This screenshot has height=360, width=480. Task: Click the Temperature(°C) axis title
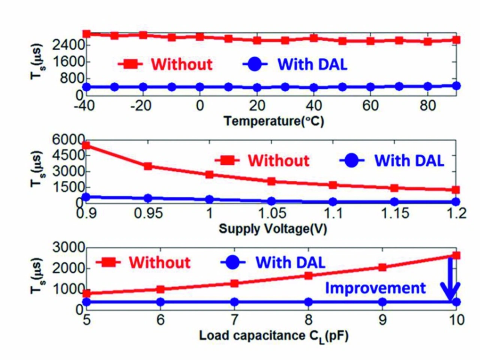click(x=273, y=121)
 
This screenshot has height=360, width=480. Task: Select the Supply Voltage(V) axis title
click(x=273, y=228)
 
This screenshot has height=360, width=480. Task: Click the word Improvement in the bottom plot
click(x=375, y=288)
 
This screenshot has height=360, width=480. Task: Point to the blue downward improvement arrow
click(x=450, y=281)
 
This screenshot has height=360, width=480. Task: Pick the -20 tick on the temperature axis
click(x=141, y=106)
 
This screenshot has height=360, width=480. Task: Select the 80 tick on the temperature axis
click(x=427, y=106)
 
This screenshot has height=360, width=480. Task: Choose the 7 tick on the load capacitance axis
click(x=234, y=320)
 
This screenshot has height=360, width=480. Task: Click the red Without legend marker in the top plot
click(x=130, y=64)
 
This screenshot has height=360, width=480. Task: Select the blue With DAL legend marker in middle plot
click(x=351, y=161)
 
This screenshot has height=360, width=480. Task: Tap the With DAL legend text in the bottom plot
click(x=290, y=262)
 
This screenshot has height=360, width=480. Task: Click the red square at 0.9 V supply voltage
click(x=86, y=145)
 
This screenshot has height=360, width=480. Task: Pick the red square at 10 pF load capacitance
click(x=456, y=255)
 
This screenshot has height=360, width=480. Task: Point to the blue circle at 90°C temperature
click(x=456, y=86)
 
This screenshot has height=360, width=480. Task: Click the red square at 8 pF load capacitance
click(x=308, y=276)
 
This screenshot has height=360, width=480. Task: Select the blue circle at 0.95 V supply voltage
click(x=148, y=198)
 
